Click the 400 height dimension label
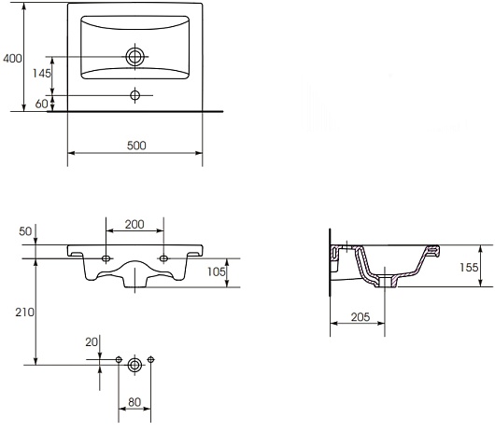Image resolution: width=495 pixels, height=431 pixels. tap(12, 59)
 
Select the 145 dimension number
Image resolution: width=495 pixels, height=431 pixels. tap(42, 73)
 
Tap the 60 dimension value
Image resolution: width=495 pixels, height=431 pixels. tap(41, 104)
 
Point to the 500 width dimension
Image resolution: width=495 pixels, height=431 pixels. tap(136, 146)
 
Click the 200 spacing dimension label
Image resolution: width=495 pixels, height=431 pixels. tap(134, 224)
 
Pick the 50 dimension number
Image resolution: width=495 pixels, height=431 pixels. tap(25, 231)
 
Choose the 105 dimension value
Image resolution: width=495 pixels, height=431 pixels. tap(217, 271)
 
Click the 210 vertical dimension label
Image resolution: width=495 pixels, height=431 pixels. tap(24, 313)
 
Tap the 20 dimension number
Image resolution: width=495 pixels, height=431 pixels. tap(92, 341)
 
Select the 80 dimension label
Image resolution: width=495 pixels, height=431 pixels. tap(134, 402)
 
